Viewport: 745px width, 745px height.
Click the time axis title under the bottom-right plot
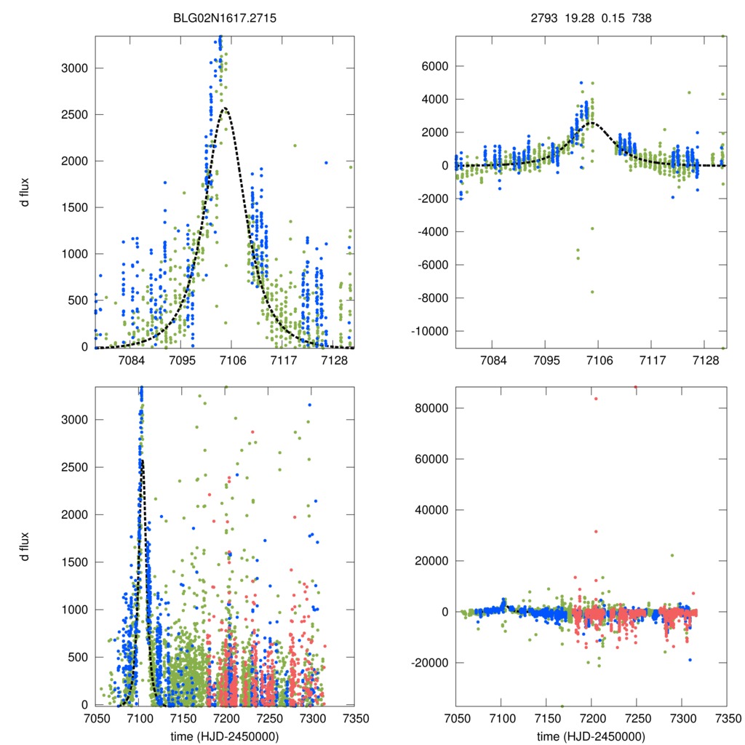[591, 736]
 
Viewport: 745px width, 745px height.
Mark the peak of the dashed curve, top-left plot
[225, 108]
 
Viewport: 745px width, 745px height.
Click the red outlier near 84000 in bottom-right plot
[595, 398]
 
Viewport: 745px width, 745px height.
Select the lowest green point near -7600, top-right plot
[592, 292]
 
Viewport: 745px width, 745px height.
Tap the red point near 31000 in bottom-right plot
[595, 532]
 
